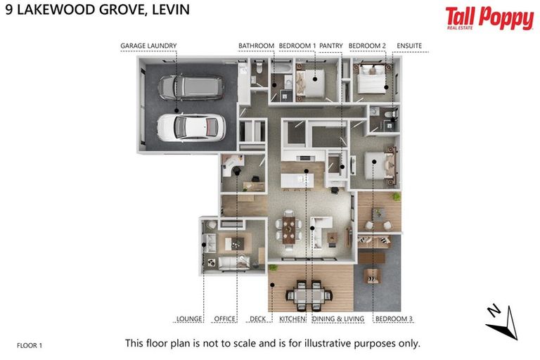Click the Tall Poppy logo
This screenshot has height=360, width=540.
point(489,18)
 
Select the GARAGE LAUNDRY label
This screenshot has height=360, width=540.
point(148,46)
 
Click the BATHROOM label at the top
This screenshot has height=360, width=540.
point(256,46)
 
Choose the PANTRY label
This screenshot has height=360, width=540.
point(331,46)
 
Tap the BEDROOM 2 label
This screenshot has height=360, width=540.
point(367,46)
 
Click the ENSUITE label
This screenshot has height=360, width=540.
point(409,46)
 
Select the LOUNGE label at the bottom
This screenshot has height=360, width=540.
point(188,319)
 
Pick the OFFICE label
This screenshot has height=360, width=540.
point(224,319)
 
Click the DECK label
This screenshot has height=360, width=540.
point(257,319)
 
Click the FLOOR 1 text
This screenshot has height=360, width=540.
point(30,345)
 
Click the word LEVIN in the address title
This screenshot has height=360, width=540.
point(166,11)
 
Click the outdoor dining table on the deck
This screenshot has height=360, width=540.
point(309,289)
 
